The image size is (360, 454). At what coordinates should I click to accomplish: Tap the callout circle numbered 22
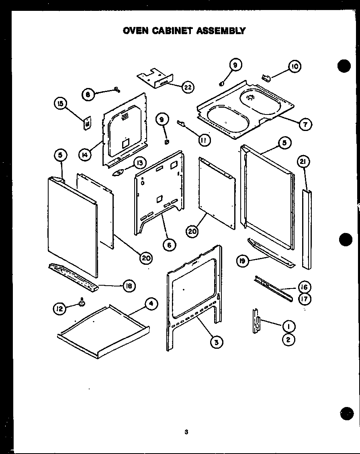pyautogui.click(x=188, y=87)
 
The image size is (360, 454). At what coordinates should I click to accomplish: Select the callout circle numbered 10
pyautogui.click(x=295, y=67)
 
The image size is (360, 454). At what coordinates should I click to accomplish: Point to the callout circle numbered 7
pyautogui.click(x=305, y=125)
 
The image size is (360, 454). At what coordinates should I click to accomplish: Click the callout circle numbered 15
pyautogui.click(x=60, y=104)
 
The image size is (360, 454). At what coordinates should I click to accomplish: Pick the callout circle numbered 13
pyautogui.click(x=139, y=163)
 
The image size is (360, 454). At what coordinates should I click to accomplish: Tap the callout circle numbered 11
pyautogui.click(x=204, y=140)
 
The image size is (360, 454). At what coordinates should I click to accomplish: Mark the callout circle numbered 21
pyautogui.click(x=303, y=162)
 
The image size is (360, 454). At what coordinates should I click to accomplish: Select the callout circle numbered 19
pyautogui.click(x=243, y=262)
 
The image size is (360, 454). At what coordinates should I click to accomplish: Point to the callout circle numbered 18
pyautogui.click(x=129, y=286)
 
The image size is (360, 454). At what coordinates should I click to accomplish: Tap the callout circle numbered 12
pyautogui.click(x=59, y=309)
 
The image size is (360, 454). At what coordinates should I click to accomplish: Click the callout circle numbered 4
pyautogui.click(x=151, y=304)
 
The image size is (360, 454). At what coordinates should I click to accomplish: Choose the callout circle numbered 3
pyautogui.click(x=216, y=342)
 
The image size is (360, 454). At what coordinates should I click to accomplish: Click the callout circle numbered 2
pyautogui.click(x=288, y=339)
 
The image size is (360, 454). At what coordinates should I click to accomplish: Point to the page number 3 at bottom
pyautogui.click(x=186, y=432)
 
